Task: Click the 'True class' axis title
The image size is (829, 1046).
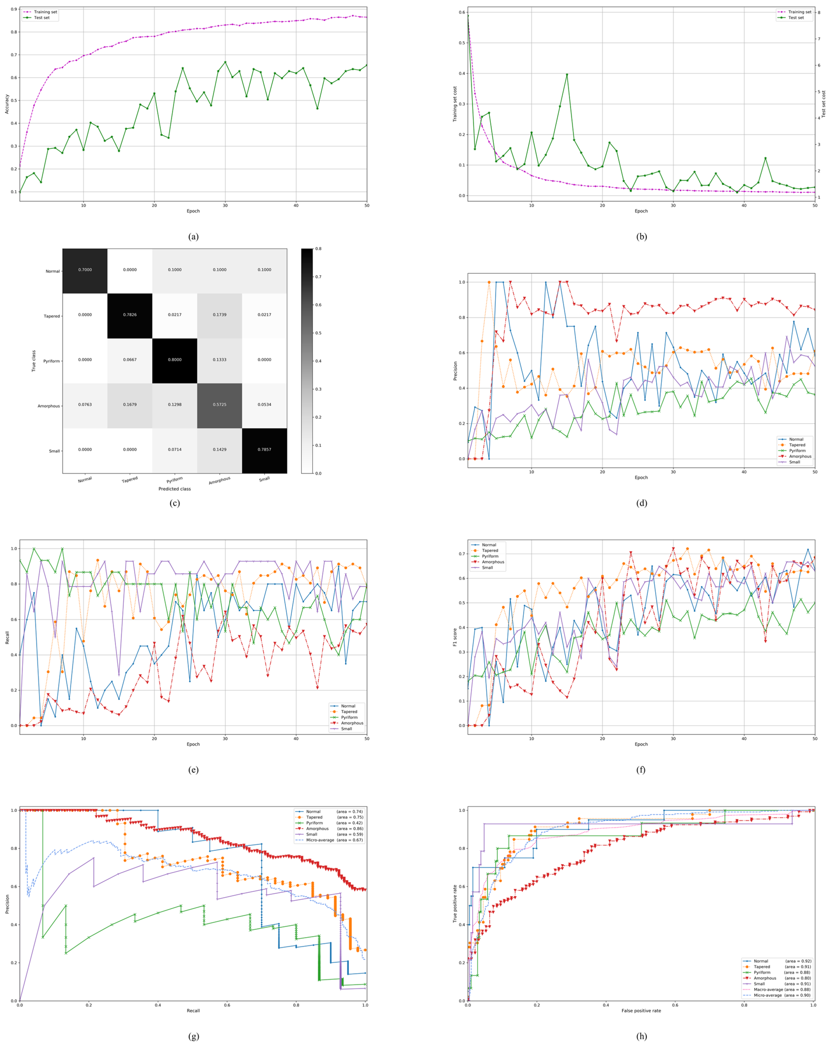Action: point(33,361)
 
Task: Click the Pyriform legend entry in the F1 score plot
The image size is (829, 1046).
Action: point(490,557)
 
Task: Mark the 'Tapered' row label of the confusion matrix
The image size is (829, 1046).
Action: point(52,316)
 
